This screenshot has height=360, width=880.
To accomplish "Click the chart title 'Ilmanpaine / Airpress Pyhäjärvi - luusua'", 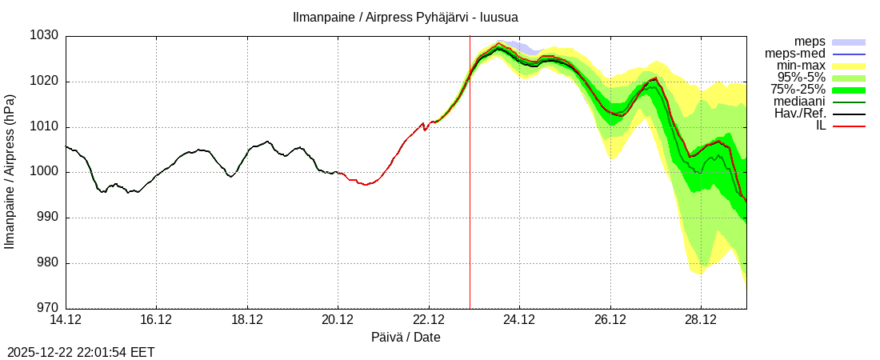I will click(405, 17).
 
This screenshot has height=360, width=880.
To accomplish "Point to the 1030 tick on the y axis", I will click(44, 36).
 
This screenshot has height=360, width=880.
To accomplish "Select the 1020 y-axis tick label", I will click(44, 82).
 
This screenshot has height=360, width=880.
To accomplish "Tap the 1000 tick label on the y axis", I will click(44, 172).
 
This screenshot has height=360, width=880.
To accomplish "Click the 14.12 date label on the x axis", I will click(66, 320).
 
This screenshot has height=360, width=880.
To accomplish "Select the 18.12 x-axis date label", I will click(247, 320).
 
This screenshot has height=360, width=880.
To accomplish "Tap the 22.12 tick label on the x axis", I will click(429, 320).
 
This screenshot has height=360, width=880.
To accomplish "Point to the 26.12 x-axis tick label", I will click(610, 320).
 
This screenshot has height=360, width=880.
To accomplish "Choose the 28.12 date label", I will click(701, 320).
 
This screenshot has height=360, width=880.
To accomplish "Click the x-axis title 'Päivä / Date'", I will click(406, 338).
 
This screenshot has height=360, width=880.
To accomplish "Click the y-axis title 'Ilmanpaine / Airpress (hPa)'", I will click(10, 172).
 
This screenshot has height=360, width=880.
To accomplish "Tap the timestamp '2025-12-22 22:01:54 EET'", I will click(81, 352).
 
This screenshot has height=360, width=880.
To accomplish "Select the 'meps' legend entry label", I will click(810, 42).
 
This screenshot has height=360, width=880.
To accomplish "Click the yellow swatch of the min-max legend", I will click(849, 66).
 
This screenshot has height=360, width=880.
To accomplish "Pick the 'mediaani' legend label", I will click(799, 102).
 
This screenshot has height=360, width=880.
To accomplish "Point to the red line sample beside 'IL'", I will click(849, 126).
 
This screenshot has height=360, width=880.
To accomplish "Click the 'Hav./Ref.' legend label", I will click(800, 114).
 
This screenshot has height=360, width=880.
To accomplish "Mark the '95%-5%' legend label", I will click(802, 78).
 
